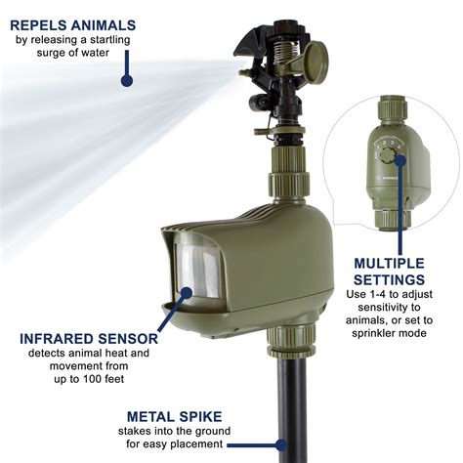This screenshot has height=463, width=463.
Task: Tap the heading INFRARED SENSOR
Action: click(83, 338)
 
